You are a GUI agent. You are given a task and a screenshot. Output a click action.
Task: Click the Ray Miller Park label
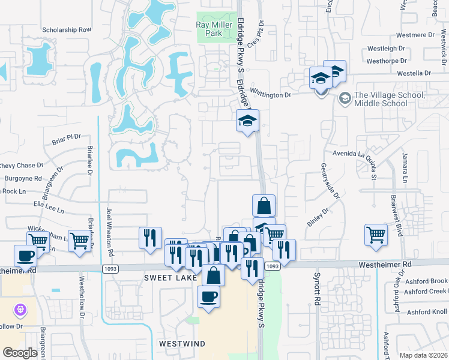(209, 29)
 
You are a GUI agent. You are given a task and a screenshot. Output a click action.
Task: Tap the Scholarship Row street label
(67, 29)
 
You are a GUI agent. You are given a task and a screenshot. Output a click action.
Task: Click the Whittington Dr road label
(270, 95)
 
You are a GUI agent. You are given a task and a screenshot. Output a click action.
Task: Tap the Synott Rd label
(315, 289)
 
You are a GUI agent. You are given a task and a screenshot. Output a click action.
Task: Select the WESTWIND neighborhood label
(182, 343)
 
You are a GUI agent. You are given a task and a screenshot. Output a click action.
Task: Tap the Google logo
(20, 352)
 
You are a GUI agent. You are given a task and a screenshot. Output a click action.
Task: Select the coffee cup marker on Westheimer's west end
(26, 256)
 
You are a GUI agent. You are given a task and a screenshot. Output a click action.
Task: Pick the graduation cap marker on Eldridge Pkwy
(247, 121)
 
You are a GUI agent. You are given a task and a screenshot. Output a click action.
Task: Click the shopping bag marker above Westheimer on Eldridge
(264, 206)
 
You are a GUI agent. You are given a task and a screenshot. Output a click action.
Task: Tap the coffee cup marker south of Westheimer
(208, 296)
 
